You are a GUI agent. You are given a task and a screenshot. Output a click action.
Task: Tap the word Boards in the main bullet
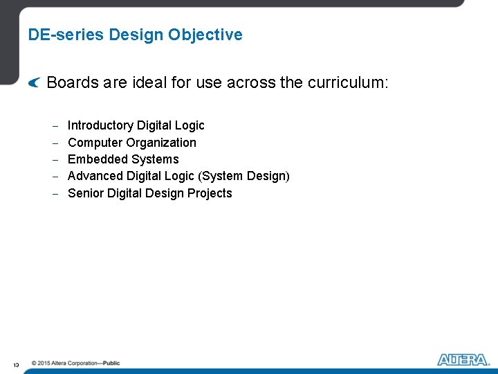[x=72, y=83]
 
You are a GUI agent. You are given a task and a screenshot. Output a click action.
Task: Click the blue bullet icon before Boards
[x=35, y=84]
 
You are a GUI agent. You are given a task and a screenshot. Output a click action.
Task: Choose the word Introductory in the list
[x=100, y=125]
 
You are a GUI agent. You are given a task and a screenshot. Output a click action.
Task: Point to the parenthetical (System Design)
[x=244, y=176]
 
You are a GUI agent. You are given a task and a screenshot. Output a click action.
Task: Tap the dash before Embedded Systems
[x=55, y=160]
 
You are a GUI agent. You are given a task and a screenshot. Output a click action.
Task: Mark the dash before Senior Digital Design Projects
[x=55, y=194]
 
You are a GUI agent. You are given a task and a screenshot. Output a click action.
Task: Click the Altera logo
[x=463, y=359]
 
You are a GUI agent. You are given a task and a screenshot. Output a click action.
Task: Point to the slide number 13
[x=15, y=364]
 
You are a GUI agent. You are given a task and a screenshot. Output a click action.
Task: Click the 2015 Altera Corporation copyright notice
[x=75, y=363]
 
